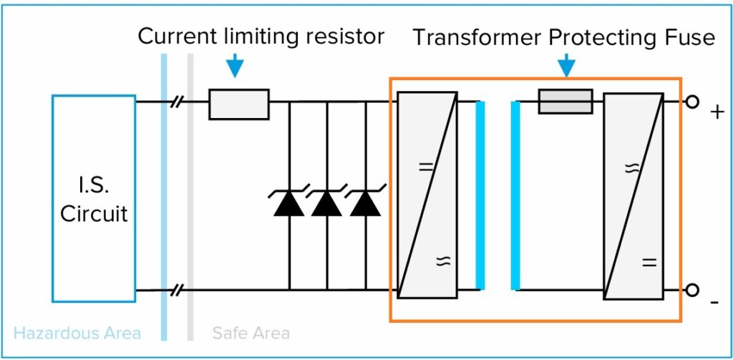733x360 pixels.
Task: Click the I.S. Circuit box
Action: [x=93, y=198]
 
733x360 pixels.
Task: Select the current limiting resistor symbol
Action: [x=239, y=104]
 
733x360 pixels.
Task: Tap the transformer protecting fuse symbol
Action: [x=565, y=102]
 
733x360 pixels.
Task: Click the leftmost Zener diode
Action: [x=289, y=203]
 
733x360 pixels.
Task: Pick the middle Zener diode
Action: [x=327, y=203]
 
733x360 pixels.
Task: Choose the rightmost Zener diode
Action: [x=366, y=203]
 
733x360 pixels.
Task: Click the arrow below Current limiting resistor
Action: [x=234, y=67]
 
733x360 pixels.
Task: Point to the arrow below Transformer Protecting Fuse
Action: [x=566, y=67]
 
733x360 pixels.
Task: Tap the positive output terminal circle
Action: [x=691, y=102]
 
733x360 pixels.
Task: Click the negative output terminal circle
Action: [x=691, y=290]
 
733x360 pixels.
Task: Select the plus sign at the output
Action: [x=716, y=112]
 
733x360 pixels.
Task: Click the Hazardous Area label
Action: [x=77, y=333]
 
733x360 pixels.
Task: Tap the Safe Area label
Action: [x=251, y=333]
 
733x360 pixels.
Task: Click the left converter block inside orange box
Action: [x=427, y=195]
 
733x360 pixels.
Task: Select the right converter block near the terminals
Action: [x=633, y=195]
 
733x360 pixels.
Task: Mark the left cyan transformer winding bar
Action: [x=480, y=195]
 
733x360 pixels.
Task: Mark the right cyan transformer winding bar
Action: [x=515, y=195]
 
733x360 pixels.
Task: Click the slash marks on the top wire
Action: [x=177, y=102]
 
